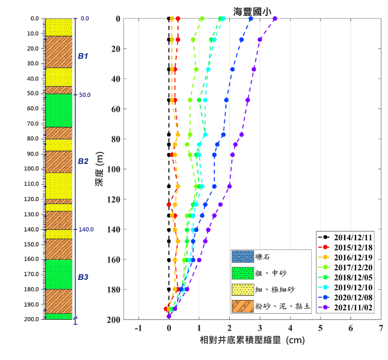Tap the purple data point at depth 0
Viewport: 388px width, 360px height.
click(275, 19)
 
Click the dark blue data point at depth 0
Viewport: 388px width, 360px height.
click(251, 19)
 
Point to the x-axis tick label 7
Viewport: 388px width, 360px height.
click(381, 328)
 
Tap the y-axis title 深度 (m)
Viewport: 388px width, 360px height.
click(99, 169)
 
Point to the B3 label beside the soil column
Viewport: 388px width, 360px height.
click(83, 277)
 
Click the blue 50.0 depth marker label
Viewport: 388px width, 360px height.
click(84, 95)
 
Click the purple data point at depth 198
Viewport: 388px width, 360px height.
click(169, 316)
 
